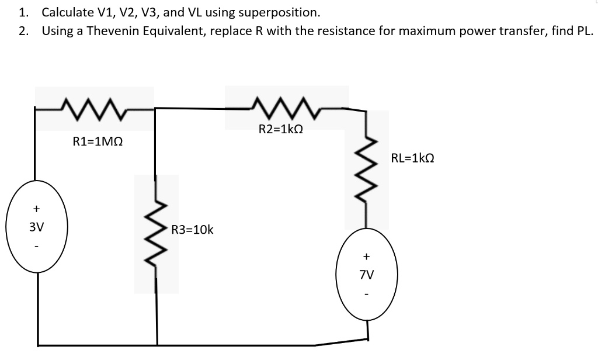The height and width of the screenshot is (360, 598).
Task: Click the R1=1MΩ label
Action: [x=98, y=141]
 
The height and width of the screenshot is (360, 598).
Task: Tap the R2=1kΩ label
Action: [x=280, y=129]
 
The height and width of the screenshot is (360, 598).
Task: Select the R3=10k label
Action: [x=193, y=230]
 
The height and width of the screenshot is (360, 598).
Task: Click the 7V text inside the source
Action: [x=367, y=274]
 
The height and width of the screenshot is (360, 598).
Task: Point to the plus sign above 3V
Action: [x=36, y=207]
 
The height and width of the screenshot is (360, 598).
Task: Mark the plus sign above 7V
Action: [x=366, y=255]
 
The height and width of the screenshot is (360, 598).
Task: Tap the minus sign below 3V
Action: [x=36, y=246]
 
